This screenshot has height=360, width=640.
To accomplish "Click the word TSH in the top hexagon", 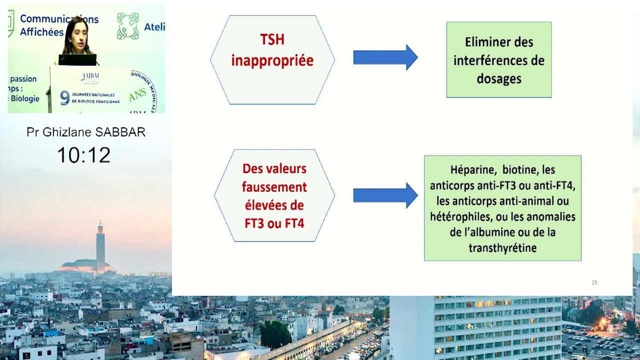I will point(272,39).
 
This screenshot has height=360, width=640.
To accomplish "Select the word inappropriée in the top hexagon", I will point(272,60).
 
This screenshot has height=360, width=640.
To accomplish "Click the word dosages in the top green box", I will point(499,78).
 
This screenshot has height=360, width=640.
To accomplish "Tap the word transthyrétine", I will point(502,248).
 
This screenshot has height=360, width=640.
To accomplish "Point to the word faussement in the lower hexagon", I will point(274,187).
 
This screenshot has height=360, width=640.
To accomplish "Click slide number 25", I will point(594,282).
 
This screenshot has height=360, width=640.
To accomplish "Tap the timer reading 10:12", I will point(83,155).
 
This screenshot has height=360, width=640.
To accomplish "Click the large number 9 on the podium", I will point(64,97).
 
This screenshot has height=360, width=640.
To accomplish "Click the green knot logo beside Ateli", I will point(128,25).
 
